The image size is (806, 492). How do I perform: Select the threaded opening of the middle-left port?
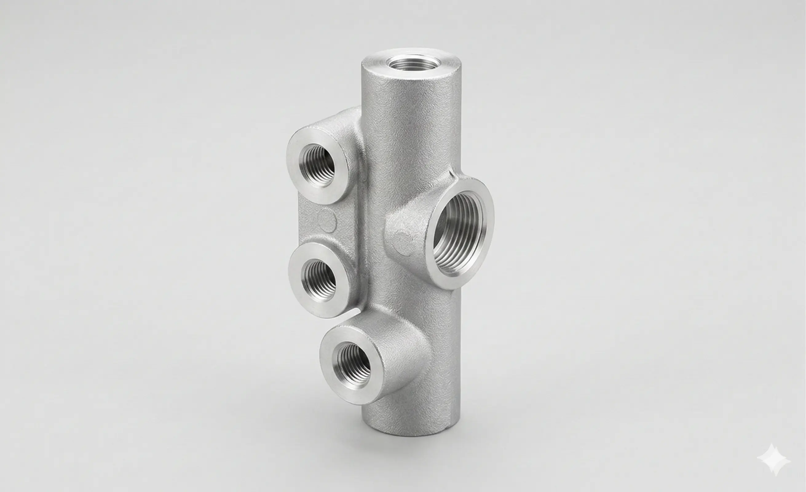318,278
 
